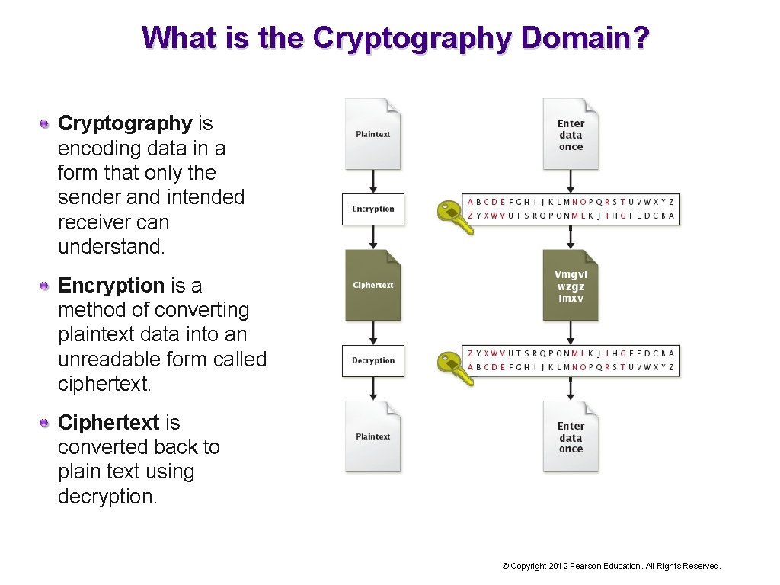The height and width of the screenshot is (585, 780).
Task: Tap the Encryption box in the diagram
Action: point(373,209)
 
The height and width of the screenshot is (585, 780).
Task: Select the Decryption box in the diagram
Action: point(373,361)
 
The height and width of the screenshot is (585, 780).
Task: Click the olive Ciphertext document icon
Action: point(373,285)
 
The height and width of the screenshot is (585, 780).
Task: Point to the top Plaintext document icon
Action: point(373,134)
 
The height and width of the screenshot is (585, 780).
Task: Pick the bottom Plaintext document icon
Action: point(373,436)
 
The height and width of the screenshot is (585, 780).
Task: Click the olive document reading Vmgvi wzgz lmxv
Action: point(571,286)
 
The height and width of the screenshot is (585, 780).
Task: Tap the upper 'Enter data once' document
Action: point(571,134)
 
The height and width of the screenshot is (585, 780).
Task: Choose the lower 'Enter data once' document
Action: point(571,436)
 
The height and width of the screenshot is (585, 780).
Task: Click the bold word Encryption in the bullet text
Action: point(111,286)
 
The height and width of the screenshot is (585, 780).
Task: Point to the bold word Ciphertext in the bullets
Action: point(108,423)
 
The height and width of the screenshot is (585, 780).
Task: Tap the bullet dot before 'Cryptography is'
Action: point(46,123)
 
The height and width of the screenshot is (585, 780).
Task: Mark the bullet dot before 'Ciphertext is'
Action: point(46,423)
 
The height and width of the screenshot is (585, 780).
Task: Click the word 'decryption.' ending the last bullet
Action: point(107,497)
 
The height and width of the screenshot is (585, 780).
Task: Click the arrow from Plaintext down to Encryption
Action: point(373,182)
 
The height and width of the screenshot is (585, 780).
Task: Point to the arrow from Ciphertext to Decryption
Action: point(373,333)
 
